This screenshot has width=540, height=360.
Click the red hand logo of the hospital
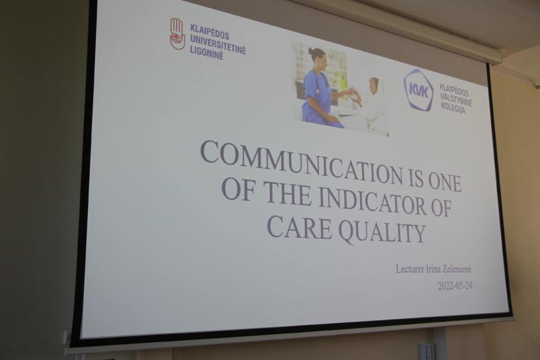coord(177,34)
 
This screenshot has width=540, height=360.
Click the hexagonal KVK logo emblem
coord(418,90)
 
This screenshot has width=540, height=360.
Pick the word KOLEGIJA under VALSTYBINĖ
coord(453,107)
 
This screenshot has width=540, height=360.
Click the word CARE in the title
coord(299,227)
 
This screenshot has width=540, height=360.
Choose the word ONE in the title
coord(445,182)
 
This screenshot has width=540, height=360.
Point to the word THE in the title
coord(287,193)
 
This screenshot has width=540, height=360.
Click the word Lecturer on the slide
coord(410,269)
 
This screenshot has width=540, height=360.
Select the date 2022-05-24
coord(455,286)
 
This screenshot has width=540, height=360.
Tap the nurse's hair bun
coord(311,52)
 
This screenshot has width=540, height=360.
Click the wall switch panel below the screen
coord(427,351)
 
